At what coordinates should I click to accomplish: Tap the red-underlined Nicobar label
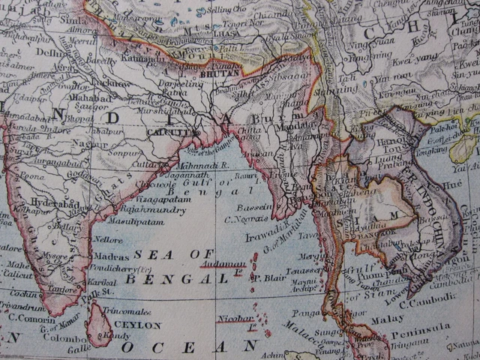tap(235, 318)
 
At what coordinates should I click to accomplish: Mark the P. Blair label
tap(265, 277)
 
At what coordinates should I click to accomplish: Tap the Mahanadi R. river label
tap(203, 164)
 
